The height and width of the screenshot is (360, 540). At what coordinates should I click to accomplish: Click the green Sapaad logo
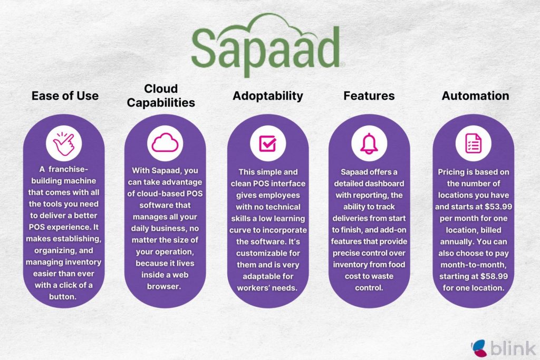click(x=267, y=45)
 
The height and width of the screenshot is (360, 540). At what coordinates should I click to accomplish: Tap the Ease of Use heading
click(x=65, y=96)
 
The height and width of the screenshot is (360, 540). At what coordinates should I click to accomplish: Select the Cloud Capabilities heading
click(x=161, y=95)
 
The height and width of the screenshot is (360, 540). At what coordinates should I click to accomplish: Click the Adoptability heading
click(x=268, y=96)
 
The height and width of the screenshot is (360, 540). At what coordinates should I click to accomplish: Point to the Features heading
click(x=369, y=96)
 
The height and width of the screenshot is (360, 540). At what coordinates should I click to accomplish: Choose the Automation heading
click(x=475, y=96)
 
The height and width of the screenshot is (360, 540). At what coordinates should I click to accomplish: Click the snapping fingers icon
click(x=64, y=143)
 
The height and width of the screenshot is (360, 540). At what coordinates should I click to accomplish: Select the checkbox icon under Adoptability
click(x=268, y=143)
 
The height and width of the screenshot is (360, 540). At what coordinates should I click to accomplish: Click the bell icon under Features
click(x=369, y=143)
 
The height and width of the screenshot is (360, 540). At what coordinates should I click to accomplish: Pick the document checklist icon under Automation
click(x=474, y=143)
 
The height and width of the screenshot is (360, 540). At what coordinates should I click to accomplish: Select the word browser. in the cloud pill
click(x=164, y=286)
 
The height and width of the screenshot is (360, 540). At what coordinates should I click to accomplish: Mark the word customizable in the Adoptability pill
click(x=268, y=253)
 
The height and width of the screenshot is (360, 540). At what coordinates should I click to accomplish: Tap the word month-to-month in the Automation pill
click(x=474, y=265)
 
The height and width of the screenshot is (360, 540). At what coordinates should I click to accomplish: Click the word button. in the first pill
click(x=62, y=296)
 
